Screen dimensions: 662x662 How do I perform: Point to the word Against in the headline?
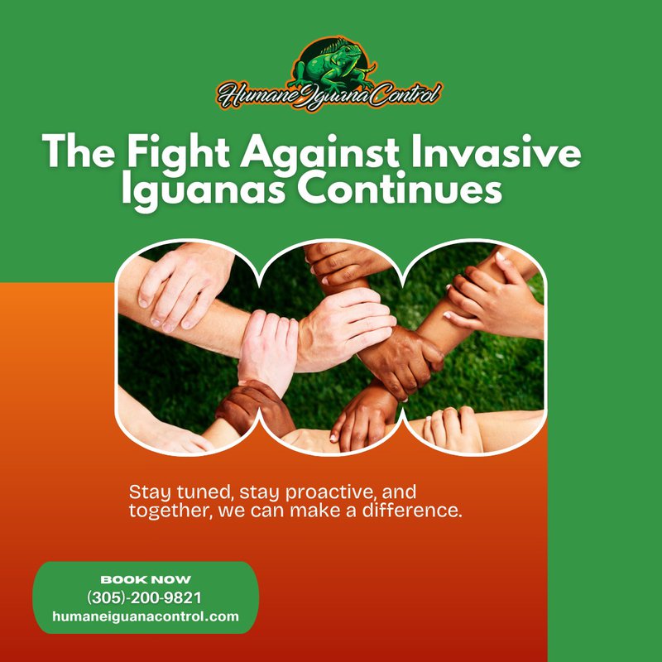pyautogui.click(x=319, y=151)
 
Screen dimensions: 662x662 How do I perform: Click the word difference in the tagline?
pyautogui.click(x=412, y=511)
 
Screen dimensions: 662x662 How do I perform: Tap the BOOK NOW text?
pyautogui.click(x=146, y=579)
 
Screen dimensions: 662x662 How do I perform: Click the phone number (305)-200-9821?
pyautogui.click(x=144, y=597)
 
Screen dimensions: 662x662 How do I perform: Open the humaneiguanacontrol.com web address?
pyautogui.click(x=146, y=616)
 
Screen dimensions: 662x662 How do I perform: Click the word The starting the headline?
pyautogui.click(x=79, y=151)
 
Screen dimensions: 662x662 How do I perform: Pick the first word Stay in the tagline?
pyautogui.click(x=150, y=492)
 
